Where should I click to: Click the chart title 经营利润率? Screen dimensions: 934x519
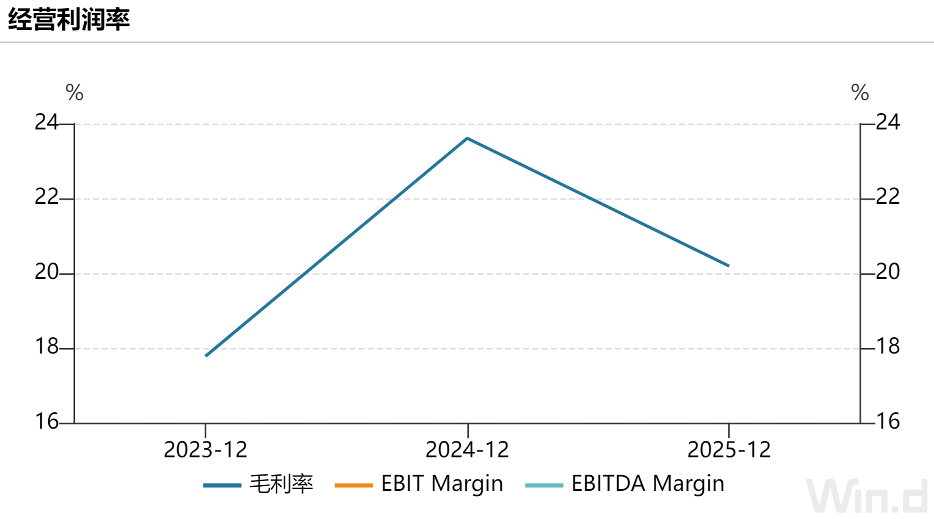pos(69,20)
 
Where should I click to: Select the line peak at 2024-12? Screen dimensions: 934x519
pos(468,138)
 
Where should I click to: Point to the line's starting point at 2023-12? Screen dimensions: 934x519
pos(206,356)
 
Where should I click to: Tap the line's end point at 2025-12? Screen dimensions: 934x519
pos(728,266)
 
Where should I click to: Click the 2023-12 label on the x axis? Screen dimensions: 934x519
pos(206,450)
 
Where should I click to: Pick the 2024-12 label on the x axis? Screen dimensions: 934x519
pos(467,450)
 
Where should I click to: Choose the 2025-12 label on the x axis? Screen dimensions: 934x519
pos(729,450)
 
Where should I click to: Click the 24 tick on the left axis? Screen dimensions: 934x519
pos(46,123)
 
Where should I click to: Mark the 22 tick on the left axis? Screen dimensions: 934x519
pos(46,197)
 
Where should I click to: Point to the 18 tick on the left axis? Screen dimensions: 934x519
pos(46,347)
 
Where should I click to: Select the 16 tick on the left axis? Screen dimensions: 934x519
pos(46,421)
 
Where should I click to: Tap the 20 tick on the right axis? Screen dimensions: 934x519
pos(888,272)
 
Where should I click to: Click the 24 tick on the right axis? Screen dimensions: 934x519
pos(888,123)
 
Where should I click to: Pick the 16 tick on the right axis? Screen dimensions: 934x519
pos(888,421)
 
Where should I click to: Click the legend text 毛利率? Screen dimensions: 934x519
pos(281,484)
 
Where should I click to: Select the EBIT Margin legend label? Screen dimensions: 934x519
pos(442,484)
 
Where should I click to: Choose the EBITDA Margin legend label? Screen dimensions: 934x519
pos(648,484)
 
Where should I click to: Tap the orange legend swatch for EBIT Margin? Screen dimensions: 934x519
pos(353,485)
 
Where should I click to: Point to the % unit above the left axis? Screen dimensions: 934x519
pos(74,92)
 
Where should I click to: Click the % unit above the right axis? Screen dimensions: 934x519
pos(860,92)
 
